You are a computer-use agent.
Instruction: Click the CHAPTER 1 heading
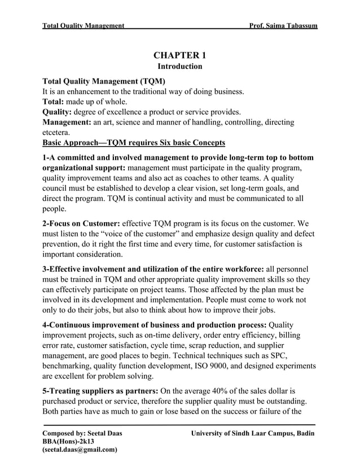(x=179, y=55)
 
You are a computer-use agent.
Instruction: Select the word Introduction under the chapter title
(x=179, y=67)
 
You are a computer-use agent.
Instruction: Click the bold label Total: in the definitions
(x=54, y=102)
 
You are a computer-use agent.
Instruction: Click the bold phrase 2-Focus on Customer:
(x=81, y=223)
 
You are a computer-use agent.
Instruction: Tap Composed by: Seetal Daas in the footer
(x=82, y=433)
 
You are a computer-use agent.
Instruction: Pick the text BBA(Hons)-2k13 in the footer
(x=68, y=441)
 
